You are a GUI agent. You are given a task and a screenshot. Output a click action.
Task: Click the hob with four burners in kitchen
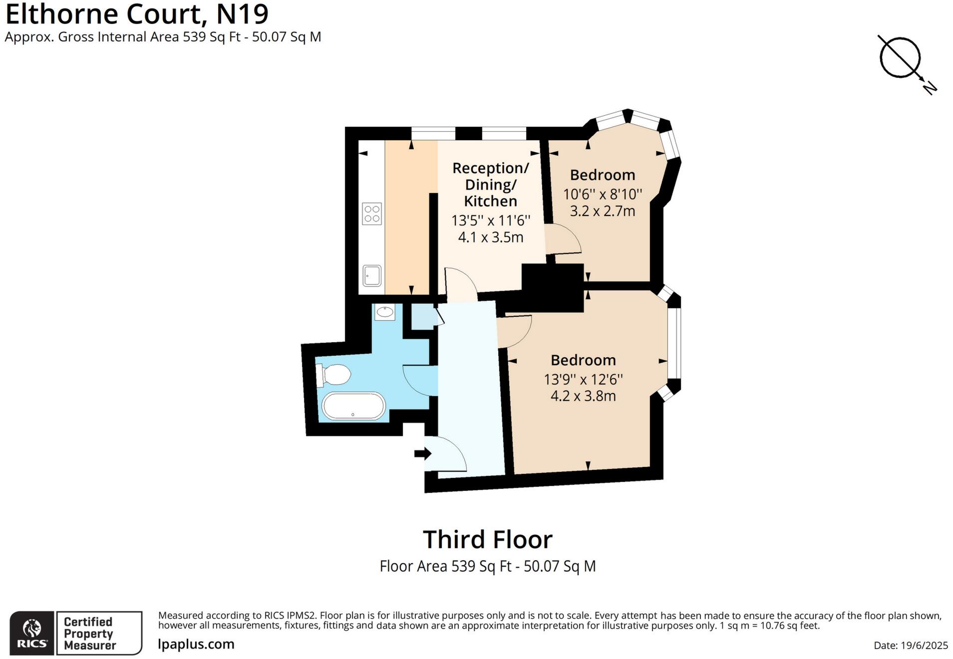pos(372,214)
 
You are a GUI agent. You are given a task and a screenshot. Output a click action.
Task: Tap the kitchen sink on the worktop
pos(372,275)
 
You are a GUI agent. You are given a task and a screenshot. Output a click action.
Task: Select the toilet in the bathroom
pos(333,375)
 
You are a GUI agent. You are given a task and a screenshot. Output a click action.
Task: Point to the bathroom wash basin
pos(384,312)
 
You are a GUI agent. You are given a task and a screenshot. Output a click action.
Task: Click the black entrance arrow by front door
pos(422,453)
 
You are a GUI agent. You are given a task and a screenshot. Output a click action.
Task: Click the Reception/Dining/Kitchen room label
pos(490,185)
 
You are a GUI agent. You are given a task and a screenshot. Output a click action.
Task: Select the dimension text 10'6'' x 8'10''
pos(603,194)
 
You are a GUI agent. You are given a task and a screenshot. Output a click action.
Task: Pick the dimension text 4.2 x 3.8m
pos(583,396)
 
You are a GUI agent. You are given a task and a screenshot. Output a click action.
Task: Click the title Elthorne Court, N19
pos(137,14)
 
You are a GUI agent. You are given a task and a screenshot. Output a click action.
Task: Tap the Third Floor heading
pos(488,539)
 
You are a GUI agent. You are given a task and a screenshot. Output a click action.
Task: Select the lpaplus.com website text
pos(196,644)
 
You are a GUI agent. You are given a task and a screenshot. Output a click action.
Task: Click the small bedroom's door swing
pos(563,240)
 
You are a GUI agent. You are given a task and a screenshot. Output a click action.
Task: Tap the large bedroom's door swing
pos(514,331)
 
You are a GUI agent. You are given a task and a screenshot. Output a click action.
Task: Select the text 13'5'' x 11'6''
pos(491,220)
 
